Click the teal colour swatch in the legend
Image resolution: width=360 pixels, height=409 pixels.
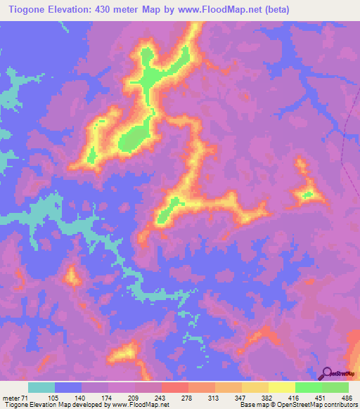click(x=41, y=387)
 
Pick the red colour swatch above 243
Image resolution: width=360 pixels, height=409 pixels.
click(x=175, y=387)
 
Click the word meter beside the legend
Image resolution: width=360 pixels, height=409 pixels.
click(x=10, y=397)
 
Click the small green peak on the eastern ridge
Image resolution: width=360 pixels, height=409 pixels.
click(x=307, y=195)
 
